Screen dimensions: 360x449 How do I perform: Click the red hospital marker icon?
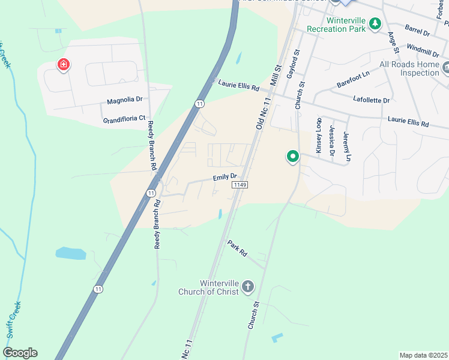click(x=62, y=65)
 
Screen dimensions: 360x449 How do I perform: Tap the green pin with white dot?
click(x=293, y=157)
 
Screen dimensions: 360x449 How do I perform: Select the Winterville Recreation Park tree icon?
click(x=375, y=24)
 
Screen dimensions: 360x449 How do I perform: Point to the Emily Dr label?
click(x=226, y=178)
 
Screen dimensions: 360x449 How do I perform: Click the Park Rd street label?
click(x=237, y=248)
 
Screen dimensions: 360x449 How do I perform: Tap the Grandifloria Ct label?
click(x=124, y=119)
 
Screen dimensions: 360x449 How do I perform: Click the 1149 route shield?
click(x=240, y=186)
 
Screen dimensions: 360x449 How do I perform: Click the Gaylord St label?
click(x=292, y=63)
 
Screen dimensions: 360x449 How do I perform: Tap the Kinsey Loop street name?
click(x=319, y=135)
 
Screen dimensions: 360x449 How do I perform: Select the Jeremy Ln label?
click(x=346, y=146)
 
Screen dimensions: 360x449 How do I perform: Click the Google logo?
click(x=20, y=353)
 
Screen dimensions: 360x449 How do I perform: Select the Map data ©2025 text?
click(x=424, y=355)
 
